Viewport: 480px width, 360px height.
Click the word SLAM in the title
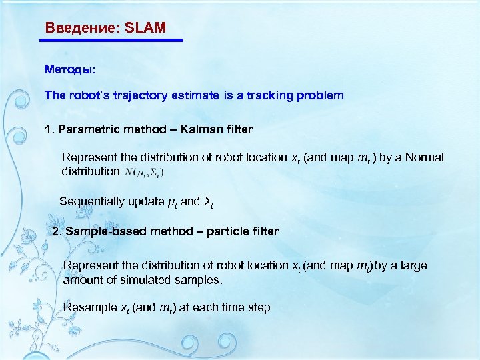point(145,29)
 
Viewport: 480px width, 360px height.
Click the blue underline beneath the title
point(111,41)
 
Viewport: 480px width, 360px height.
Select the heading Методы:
point(70,69)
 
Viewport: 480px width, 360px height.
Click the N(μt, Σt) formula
point(145,172)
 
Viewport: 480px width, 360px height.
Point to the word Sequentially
point(91,201)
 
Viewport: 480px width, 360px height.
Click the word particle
point(227,231)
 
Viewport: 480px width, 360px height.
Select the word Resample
point(89,307)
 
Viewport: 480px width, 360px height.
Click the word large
point(413,265)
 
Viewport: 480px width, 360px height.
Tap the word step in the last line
point(259,307)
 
